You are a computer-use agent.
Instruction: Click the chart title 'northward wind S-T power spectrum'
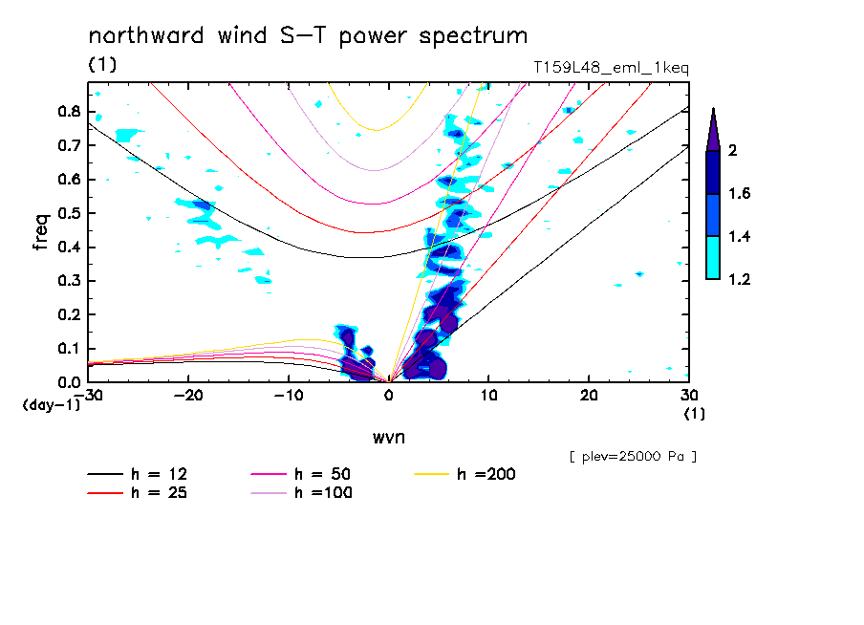click(307, 37)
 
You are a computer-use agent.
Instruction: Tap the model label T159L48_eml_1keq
click(611, 68)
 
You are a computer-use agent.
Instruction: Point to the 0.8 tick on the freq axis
click(67, 111)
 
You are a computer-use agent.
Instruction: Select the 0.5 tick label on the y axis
click(67, 213)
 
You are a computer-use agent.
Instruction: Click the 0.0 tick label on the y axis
click(67, 382)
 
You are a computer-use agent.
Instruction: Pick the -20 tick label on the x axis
click(188, 396)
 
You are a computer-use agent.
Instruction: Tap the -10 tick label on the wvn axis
click(289, 396)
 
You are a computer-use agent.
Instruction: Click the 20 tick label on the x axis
click(588, 396)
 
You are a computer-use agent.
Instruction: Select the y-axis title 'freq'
click(41, 232)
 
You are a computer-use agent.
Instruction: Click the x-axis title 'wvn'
click(388, 437)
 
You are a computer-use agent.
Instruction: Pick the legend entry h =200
click(487, 474)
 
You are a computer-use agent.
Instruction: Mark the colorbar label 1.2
click(740, 280)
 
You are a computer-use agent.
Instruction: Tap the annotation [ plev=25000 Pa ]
click(633, 457)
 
